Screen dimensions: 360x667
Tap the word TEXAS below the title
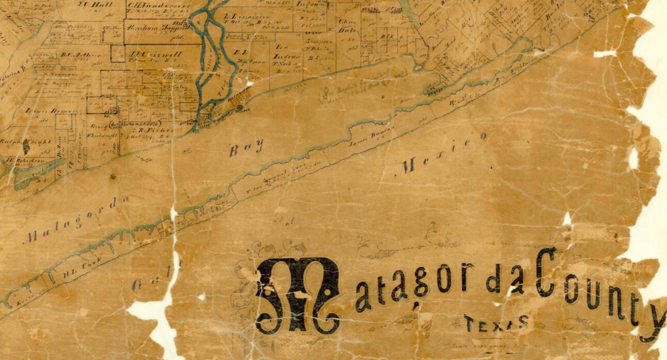pyautogui.click(x=496, y=323)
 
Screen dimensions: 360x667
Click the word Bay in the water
pyautogui.click(x=246, y=150)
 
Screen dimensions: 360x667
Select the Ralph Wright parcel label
pyautogui.click(x=21, y=140)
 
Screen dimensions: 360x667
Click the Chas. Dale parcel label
pyautogui.click(x=346, y=27)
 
